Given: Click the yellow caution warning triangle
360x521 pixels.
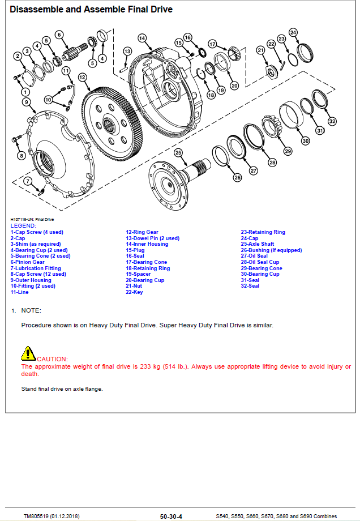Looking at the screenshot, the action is click(x=28, y=353).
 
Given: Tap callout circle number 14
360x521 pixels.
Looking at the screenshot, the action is click(x=142, y=38).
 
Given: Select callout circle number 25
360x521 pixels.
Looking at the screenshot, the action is click(x=178, y=152).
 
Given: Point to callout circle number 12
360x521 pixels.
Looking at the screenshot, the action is click(x=83, y=77).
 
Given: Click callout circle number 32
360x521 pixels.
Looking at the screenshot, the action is click(x=332, y=121).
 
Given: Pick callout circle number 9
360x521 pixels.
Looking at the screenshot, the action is click(x=26, y=102).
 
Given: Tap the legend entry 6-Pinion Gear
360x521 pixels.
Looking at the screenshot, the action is click(x=27, y=262).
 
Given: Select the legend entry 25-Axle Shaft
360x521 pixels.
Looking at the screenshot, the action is click(x=258, y=244).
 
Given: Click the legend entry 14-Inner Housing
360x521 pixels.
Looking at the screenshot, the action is click(x=147, y=244).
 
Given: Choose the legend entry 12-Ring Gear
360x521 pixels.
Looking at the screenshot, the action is click(x=142, y=232).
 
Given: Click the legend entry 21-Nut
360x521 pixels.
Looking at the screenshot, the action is click(x=134, y=286).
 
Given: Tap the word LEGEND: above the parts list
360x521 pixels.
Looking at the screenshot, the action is click(x=23, y=226).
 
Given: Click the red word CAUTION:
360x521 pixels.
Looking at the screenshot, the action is click(x=52, y=359).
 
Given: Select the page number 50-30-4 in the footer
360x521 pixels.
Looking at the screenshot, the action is click(x=171, y=516).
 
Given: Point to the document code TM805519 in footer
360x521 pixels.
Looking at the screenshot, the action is click(x=36, y=516).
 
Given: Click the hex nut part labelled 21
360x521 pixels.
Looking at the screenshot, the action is click(x=271, y=72).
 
